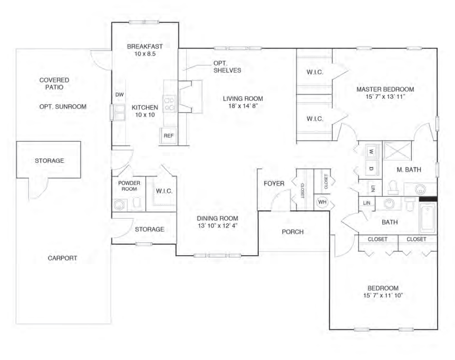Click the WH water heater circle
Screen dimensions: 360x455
[x=322, y=202]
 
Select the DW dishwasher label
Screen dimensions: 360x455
[x=119, y=95]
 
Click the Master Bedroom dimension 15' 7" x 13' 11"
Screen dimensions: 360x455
[x=384, y=98]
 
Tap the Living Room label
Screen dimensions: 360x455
[x=243, y=99]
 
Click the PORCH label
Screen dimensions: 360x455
[x=293, y=232]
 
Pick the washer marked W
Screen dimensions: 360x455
[x=371, y=151]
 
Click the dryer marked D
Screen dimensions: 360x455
[x=371, y=168]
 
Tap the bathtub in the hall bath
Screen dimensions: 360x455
[x=428, y=218]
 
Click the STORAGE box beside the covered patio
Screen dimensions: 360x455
[x=49, y=160]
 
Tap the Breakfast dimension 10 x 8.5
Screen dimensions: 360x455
[x=142, y=54]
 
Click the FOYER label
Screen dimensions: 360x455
[x=274, y=183]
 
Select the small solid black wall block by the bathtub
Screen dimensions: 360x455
[x=428, y=199]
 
